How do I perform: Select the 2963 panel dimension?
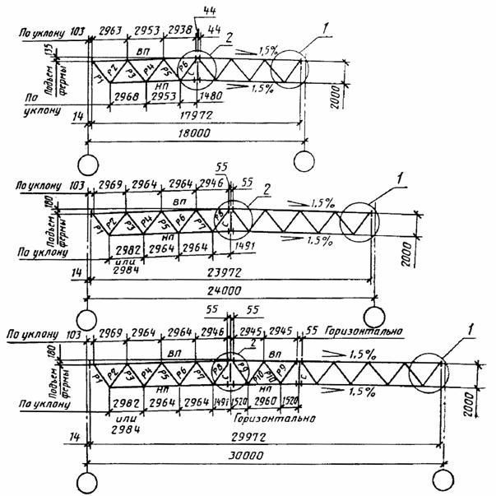click(109, 30)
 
